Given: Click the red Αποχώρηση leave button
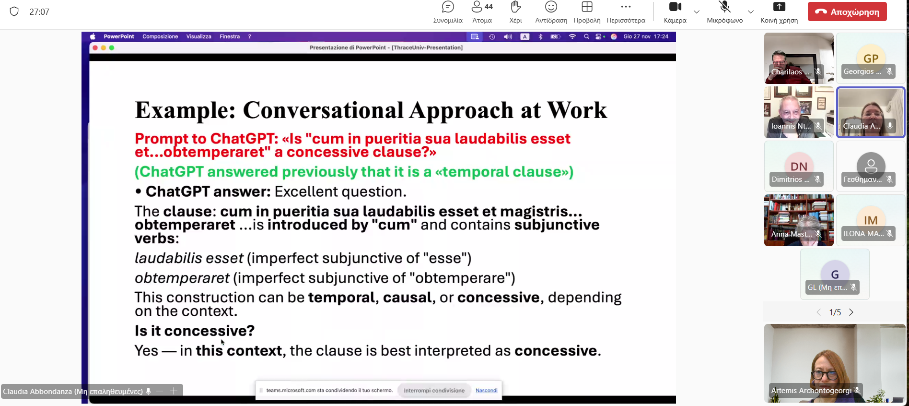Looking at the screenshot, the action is click(847, 12).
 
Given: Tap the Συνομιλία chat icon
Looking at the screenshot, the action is click(448, 7).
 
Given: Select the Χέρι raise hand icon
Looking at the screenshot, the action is click(515, 7).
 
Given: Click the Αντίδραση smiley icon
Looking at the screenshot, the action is click(551, 7).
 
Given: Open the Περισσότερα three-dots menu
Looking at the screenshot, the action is click(626, 7).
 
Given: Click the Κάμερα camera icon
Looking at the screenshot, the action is click(675, 7).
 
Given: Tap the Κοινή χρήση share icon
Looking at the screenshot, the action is click(779, 7).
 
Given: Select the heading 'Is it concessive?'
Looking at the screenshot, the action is click(195, 331).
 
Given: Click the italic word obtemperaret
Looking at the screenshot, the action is click(182, 278).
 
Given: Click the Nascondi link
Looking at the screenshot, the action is click(486, 390).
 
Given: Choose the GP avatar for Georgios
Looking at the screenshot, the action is click(871, 58).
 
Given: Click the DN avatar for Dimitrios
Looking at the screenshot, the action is click(799, 166).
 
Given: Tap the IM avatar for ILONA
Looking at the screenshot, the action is click(871, 220).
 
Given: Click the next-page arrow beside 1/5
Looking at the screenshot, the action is click(851, 312).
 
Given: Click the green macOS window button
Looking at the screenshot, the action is click(112, 48).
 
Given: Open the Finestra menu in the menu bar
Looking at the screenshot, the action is click(230, 36).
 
